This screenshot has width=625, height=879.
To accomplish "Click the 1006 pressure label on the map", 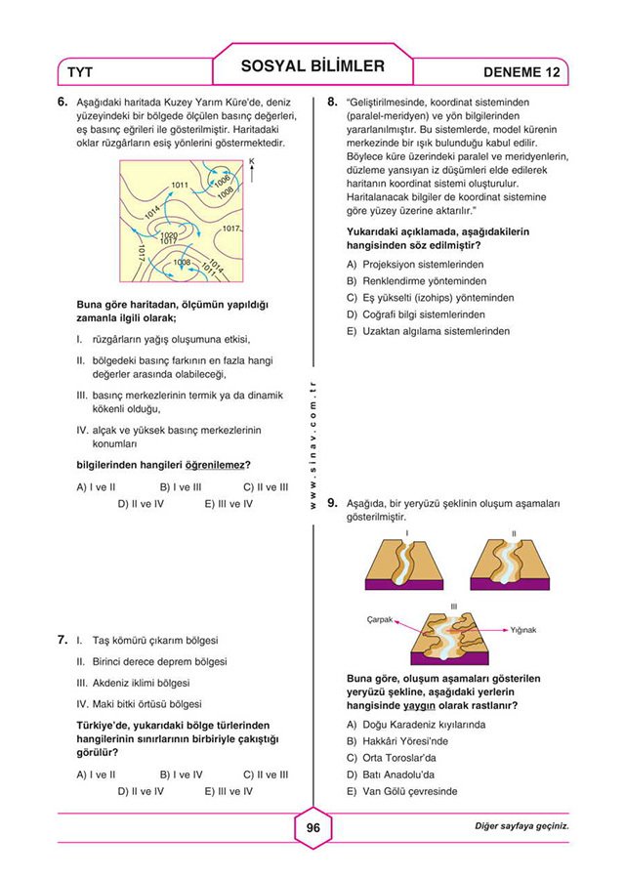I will tap(222, 181).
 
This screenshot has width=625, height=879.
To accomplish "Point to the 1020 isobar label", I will tap(168, 234).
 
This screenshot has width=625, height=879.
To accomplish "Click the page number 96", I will tap(312, 828).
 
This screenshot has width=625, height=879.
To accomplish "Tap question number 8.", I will tap(332, 101).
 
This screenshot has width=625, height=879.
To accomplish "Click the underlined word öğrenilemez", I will tap(216, 464).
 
